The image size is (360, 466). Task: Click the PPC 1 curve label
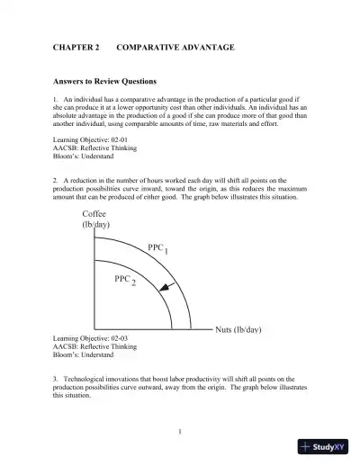[x=157, y=247]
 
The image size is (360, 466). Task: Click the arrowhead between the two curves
[x=163, y=288]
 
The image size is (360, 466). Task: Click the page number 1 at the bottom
[x=180, y=432]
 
